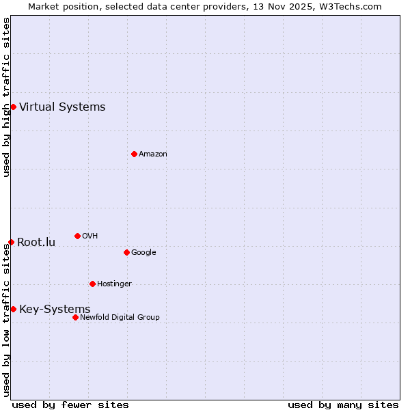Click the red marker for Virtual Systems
(x=13, y=107)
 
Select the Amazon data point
(x=134, y=154)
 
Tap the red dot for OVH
(x=77, y=236)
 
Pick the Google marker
(x=126, y=252)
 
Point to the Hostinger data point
(x=92, y=284)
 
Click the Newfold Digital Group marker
(x=75, y=317)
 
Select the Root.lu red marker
(x=11, y=242)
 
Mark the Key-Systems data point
(x=13, y=309)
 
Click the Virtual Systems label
(x=62, y=107)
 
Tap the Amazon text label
(x=152, y=154)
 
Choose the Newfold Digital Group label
(x=120, y=317)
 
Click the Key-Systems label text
(x=55, y=309)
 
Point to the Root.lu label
(x=36, y=242)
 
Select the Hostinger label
(x=114, y=284)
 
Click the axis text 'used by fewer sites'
(x=70, y=405)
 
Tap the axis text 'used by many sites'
(x=343, y=405)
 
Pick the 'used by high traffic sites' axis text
(x=6, y=97)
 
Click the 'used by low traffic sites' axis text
(x=6, y=320)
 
